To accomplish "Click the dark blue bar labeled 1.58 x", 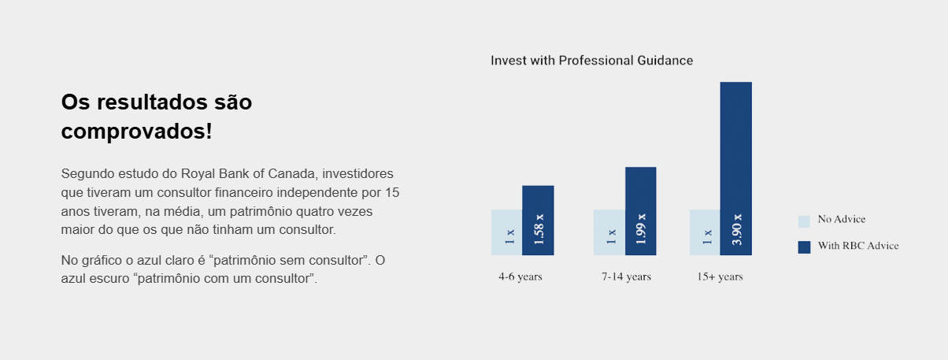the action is [538, 221].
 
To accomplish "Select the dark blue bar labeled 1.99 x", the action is [641, 211].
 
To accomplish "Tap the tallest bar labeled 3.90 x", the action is [736, 169].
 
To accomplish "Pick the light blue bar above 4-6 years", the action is [506, 232].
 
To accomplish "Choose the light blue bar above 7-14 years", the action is [609, 232].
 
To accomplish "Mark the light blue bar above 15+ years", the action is [705, 232].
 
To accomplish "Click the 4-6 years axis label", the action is [520, 277].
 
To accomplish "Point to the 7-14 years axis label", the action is [627, 277].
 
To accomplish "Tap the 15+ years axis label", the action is [720, 277].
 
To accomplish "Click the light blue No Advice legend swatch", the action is [804, 221].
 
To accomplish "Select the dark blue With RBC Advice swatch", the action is [804, 247].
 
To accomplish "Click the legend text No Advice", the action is [842, 219].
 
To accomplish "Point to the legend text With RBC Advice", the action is [858, 246].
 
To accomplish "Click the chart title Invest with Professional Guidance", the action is [591, 61].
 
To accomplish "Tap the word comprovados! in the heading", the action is [137, 132].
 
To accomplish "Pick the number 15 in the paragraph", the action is [392, 193].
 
